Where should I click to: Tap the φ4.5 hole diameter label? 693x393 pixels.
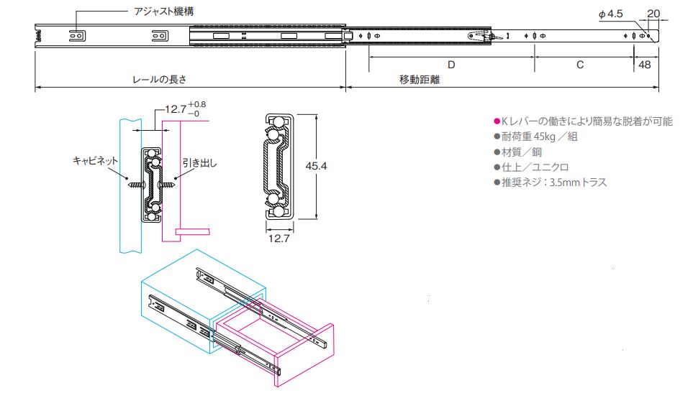click(x=610, y=14)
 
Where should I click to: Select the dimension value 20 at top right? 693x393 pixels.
click(x=653, y=13)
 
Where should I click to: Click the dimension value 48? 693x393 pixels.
click(x=644, y=65)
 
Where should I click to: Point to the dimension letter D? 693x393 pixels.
click(x=451, y=65)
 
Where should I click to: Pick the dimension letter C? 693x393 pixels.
click(x=580, y=65)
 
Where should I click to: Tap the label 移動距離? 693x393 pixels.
click(x=420, y=80)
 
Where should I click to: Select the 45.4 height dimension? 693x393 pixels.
click(x=316, y=166)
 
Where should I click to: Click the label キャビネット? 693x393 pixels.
click(x=96, y=161)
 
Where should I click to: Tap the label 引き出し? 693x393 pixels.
click(x=199, y=162)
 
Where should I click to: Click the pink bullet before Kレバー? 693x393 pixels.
click(x=496, y=121)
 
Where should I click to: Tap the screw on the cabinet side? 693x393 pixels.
click(x=135, y=185)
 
